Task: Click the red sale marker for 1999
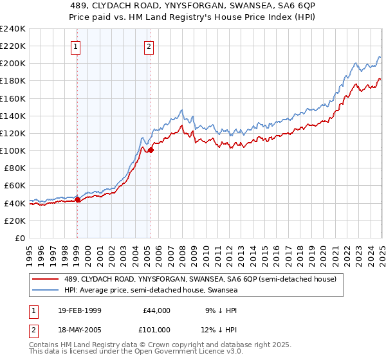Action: tap(77, 199)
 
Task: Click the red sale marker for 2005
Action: tap(151, 150)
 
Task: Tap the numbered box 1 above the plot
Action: tap(76, 46)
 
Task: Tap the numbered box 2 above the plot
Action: tap(149, 46)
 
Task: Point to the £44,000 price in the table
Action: tap(156, 310)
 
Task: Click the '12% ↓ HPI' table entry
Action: tap(219, 330)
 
